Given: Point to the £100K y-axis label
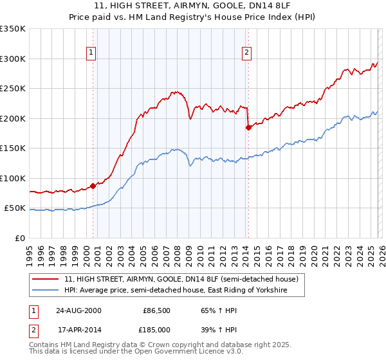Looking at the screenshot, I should pyautogui.click(x=13, y=178).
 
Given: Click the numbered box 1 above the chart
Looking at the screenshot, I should pyautogui.click(x=91, y=53).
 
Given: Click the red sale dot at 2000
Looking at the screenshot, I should pyautogui.click(x=93, y=186).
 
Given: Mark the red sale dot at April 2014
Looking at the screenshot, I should pyautogui.click(x=248, y=127).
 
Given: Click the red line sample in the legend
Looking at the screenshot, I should pyautogui.click(x=46, y=280).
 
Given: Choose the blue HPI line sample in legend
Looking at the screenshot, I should pyautogui.click(x=46, y=291).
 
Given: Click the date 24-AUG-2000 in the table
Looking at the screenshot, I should pyautogui.click(x=78, y=310).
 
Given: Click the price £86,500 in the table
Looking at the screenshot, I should pyautogui.click(x=156, y=310).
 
